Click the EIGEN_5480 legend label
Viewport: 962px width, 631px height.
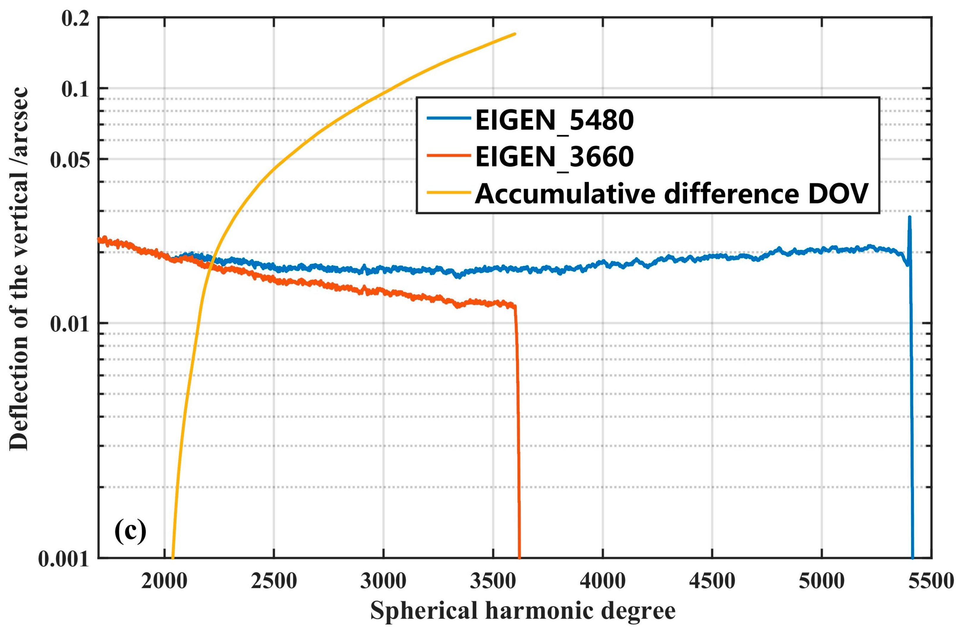pyautogui.click(x=554, y=120)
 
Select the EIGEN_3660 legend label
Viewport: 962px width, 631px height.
pyautogui.click(x=554, y=157)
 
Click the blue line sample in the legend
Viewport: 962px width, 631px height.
pyautogui.click(x=449, y=118)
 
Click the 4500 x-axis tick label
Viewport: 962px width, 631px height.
pyautogui.click(x=712, y=581)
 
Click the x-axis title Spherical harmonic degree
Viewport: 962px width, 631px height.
pyautogui.click(x=523, y=611)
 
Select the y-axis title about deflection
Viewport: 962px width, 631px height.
pyautogui.click(x=19, y=269)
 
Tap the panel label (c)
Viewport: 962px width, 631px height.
pyautogui.click(x=130, y=531)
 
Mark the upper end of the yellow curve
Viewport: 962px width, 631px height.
pyautogui.click(x=514, y=34)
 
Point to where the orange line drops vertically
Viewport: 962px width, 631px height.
pyautogui.click(x=517, y=404)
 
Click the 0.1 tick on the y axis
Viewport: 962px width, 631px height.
pyautogui.click(x=75, y=89)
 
